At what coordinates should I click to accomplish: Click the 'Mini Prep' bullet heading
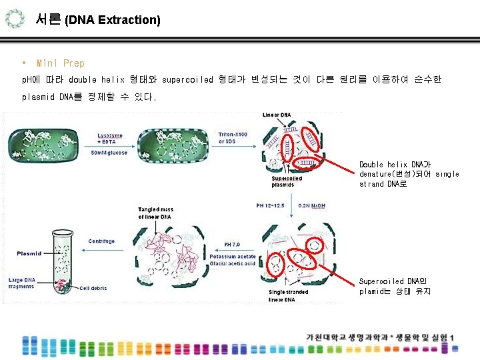[x=61, y=63]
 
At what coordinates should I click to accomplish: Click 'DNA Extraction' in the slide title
[x=113, y=20]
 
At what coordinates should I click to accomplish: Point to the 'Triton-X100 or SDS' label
[x=233, y=138]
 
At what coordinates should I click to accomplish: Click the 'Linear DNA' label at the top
[x=276, y=115]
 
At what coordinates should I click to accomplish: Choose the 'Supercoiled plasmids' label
[x=287, y=181]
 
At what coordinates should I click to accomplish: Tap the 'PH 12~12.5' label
[x=270, y=205]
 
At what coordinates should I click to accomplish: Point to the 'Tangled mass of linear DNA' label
[x=156, y=213]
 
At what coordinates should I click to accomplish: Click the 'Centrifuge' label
[x=101, y=241]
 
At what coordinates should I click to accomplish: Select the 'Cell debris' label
[x=93, y=288]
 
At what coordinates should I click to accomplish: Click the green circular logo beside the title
[x=17, y=19]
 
